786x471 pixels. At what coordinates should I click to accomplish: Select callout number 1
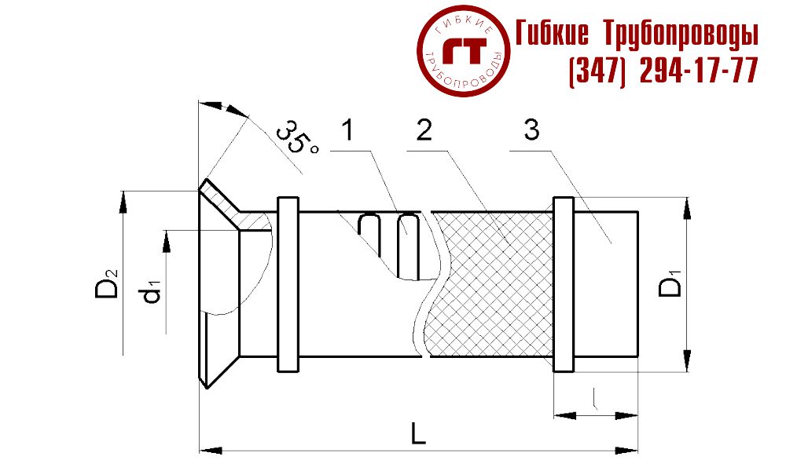click(x=348, y=130)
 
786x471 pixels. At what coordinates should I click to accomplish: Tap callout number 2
click(x=424, y=130)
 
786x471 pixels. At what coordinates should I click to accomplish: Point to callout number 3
click(x=531, y=130)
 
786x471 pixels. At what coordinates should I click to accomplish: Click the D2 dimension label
click(x=107, y=283)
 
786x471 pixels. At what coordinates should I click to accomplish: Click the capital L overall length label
click(x=419, y=433)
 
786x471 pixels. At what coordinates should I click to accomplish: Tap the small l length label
click(x=594, y=399)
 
